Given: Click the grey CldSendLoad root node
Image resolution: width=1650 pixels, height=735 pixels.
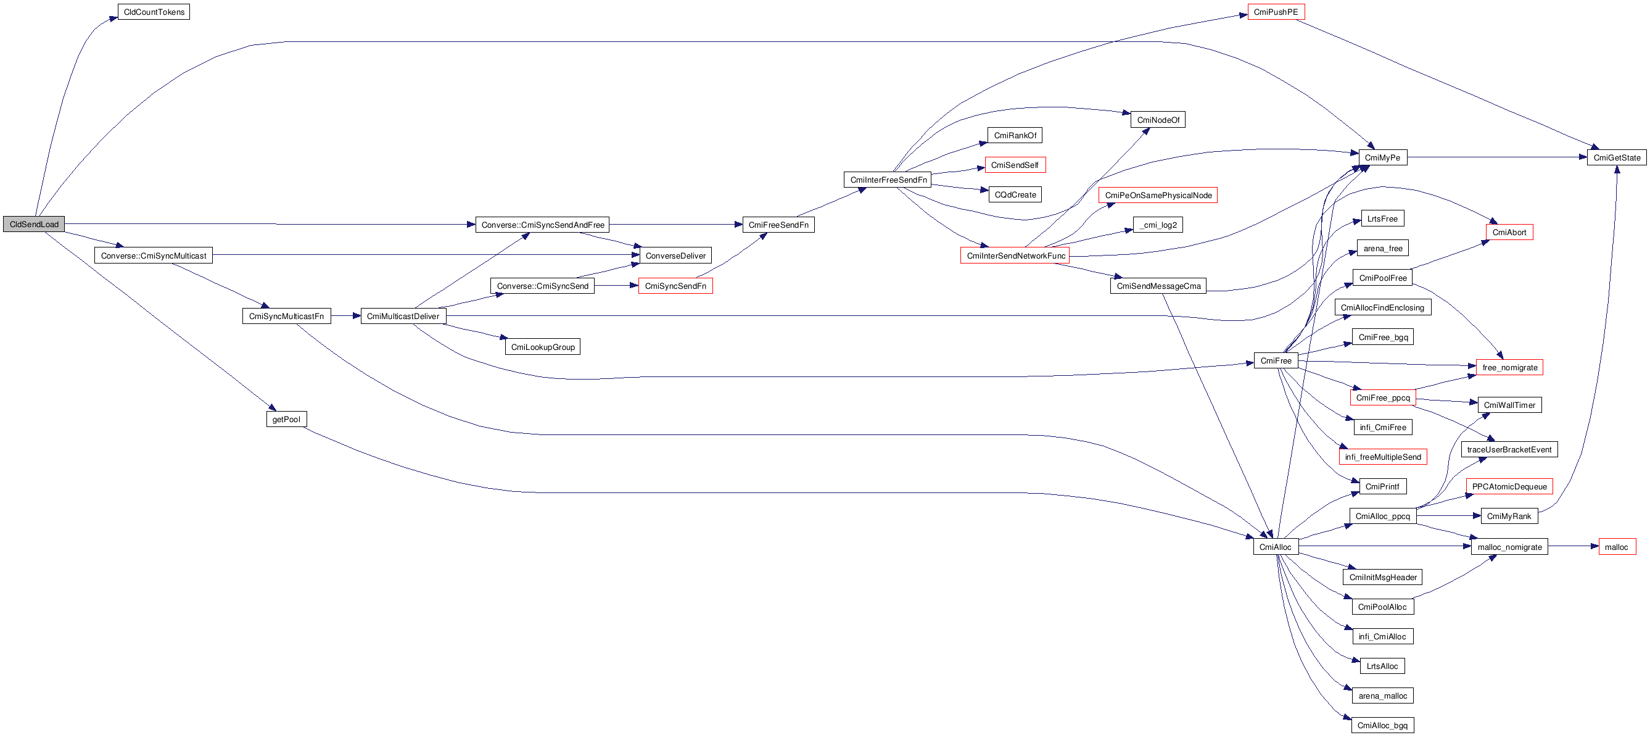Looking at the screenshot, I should pos(34,224).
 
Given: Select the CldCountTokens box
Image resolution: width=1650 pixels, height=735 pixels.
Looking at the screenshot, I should pos(154,12).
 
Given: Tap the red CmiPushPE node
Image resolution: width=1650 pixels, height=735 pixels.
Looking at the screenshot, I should pos(1276,12).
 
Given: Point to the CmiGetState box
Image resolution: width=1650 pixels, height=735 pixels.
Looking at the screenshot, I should pos(1616,157).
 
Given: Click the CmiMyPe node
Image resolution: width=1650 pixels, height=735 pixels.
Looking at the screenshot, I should pos(1382,157).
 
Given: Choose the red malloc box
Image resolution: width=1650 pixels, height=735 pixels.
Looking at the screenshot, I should pos(1616,547).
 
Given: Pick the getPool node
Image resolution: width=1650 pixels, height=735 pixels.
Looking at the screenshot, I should pos(286,420).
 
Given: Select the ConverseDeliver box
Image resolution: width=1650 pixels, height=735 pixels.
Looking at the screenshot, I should pos(675,255).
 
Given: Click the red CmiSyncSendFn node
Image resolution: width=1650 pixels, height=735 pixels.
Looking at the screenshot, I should pos(675,286).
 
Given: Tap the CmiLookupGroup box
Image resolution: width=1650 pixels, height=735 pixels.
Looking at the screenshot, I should pos(543,347).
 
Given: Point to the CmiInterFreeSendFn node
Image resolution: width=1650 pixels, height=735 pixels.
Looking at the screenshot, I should pos(888,180).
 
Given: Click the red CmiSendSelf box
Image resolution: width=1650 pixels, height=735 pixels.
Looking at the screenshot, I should pos(1015,165).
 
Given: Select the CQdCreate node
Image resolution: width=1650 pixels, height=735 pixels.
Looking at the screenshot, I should pos(1015,195).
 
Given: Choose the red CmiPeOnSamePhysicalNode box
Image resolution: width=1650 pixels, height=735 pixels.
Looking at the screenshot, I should pos(1157,196).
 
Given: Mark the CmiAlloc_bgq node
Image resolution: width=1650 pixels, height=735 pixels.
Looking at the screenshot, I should pos(1382,725).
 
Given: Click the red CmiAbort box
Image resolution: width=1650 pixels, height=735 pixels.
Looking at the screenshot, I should pos(1509,233).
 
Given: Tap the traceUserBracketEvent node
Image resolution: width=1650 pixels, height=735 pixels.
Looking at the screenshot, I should pos(1509,450).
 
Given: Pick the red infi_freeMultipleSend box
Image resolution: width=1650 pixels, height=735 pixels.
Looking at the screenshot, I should pos(1382,457).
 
